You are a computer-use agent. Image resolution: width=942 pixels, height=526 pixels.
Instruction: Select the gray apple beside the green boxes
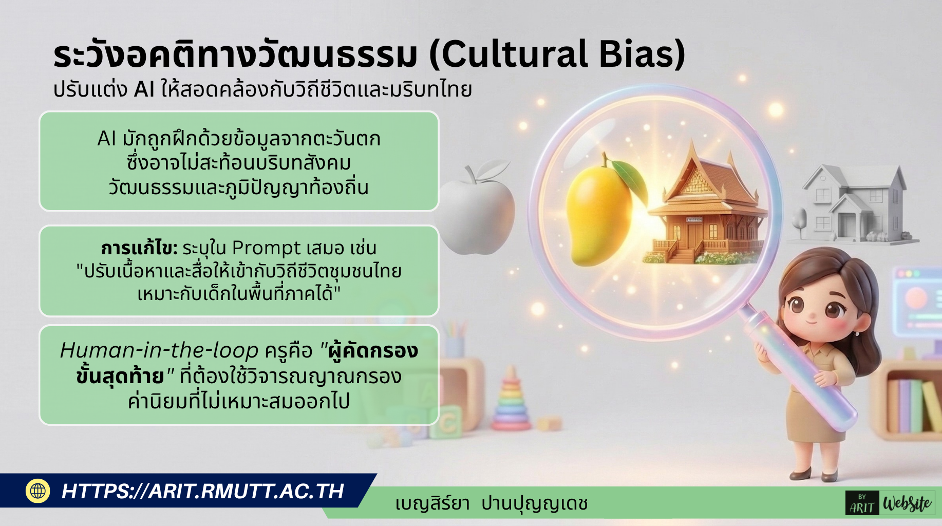click(475, 211)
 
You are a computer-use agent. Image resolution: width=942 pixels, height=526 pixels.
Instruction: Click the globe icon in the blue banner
click(37, 491)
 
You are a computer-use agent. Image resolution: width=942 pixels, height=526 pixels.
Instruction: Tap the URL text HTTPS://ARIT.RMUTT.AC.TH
click(202, 491)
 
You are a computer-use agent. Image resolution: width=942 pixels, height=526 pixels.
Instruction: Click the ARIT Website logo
click(889, 503)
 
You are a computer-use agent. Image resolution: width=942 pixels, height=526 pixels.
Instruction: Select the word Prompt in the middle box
click(266, 248)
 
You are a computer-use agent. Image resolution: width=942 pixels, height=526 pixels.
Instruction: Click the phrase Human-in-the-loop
click(159, 351)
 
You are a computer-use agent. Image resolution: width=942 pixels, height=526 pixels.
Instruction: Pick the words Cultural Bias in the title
click(557, 54)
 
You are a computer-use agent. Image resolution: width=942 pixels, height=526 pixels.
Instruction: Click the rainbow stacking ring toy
click(511, 401)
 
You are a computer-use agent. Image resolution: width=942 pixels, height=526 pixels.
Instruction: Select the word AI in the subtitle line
click(144, 90)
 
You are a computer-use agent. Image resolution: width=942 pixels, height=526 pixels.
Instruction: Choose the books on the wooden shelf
click(914, 406)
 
